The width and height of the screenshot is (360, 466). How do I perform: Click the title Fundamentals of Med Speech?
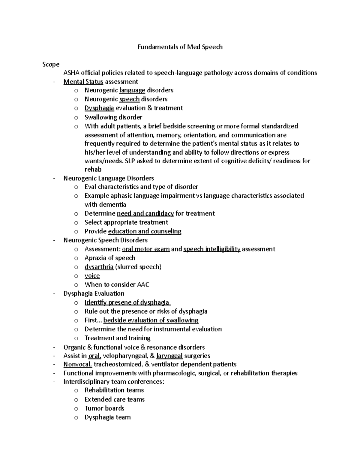coord(180,47)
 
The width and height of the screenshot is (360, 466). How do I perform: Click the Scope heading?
coord(51,64)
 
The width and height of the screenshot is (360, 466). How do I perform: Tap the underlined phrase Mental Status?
coord(83,82)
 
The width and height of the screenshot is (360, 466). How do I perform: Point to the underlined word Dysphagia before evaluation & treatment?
coord(99,108)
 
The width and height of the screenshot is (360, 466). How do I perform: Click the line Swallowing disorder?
coord(113,117)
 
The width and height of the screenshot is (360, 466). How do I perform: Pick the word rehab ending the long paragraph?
coord(93,170)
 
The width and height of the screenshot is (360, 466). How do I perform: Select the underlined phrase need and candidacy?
coord(145,213)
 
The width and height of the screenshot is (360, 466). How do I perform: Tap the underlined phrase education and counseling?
coord(145,231)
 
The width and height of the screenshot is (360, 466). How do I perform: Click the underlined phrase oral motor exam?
coord(146,249)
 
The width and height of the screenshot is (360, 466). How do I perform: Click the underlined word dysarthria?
coord(99,267)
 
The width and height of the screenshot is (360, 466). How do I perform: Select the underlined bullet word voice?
coord(92,276)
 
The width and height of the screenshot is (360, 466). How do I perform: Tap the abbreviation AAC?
coord(143,284)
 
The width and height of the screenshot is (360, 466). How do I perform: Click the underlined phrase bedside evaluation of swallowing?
coord(151,320)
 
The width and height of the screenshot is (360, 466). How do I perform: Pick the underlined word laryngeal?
coord(169,356)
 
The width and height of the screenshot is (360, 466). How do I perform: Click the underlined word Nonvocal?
coord(78,364)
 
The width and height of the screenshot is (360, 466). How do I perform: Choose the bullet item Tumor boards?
coord(104,408)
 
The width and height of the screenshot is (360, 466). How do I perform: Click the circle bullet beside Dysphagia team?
coord(76,417)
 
